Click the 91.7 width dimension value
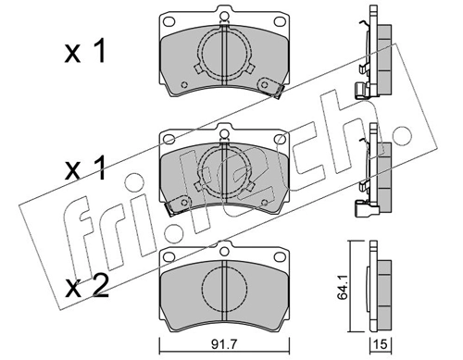click(221, 346)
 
